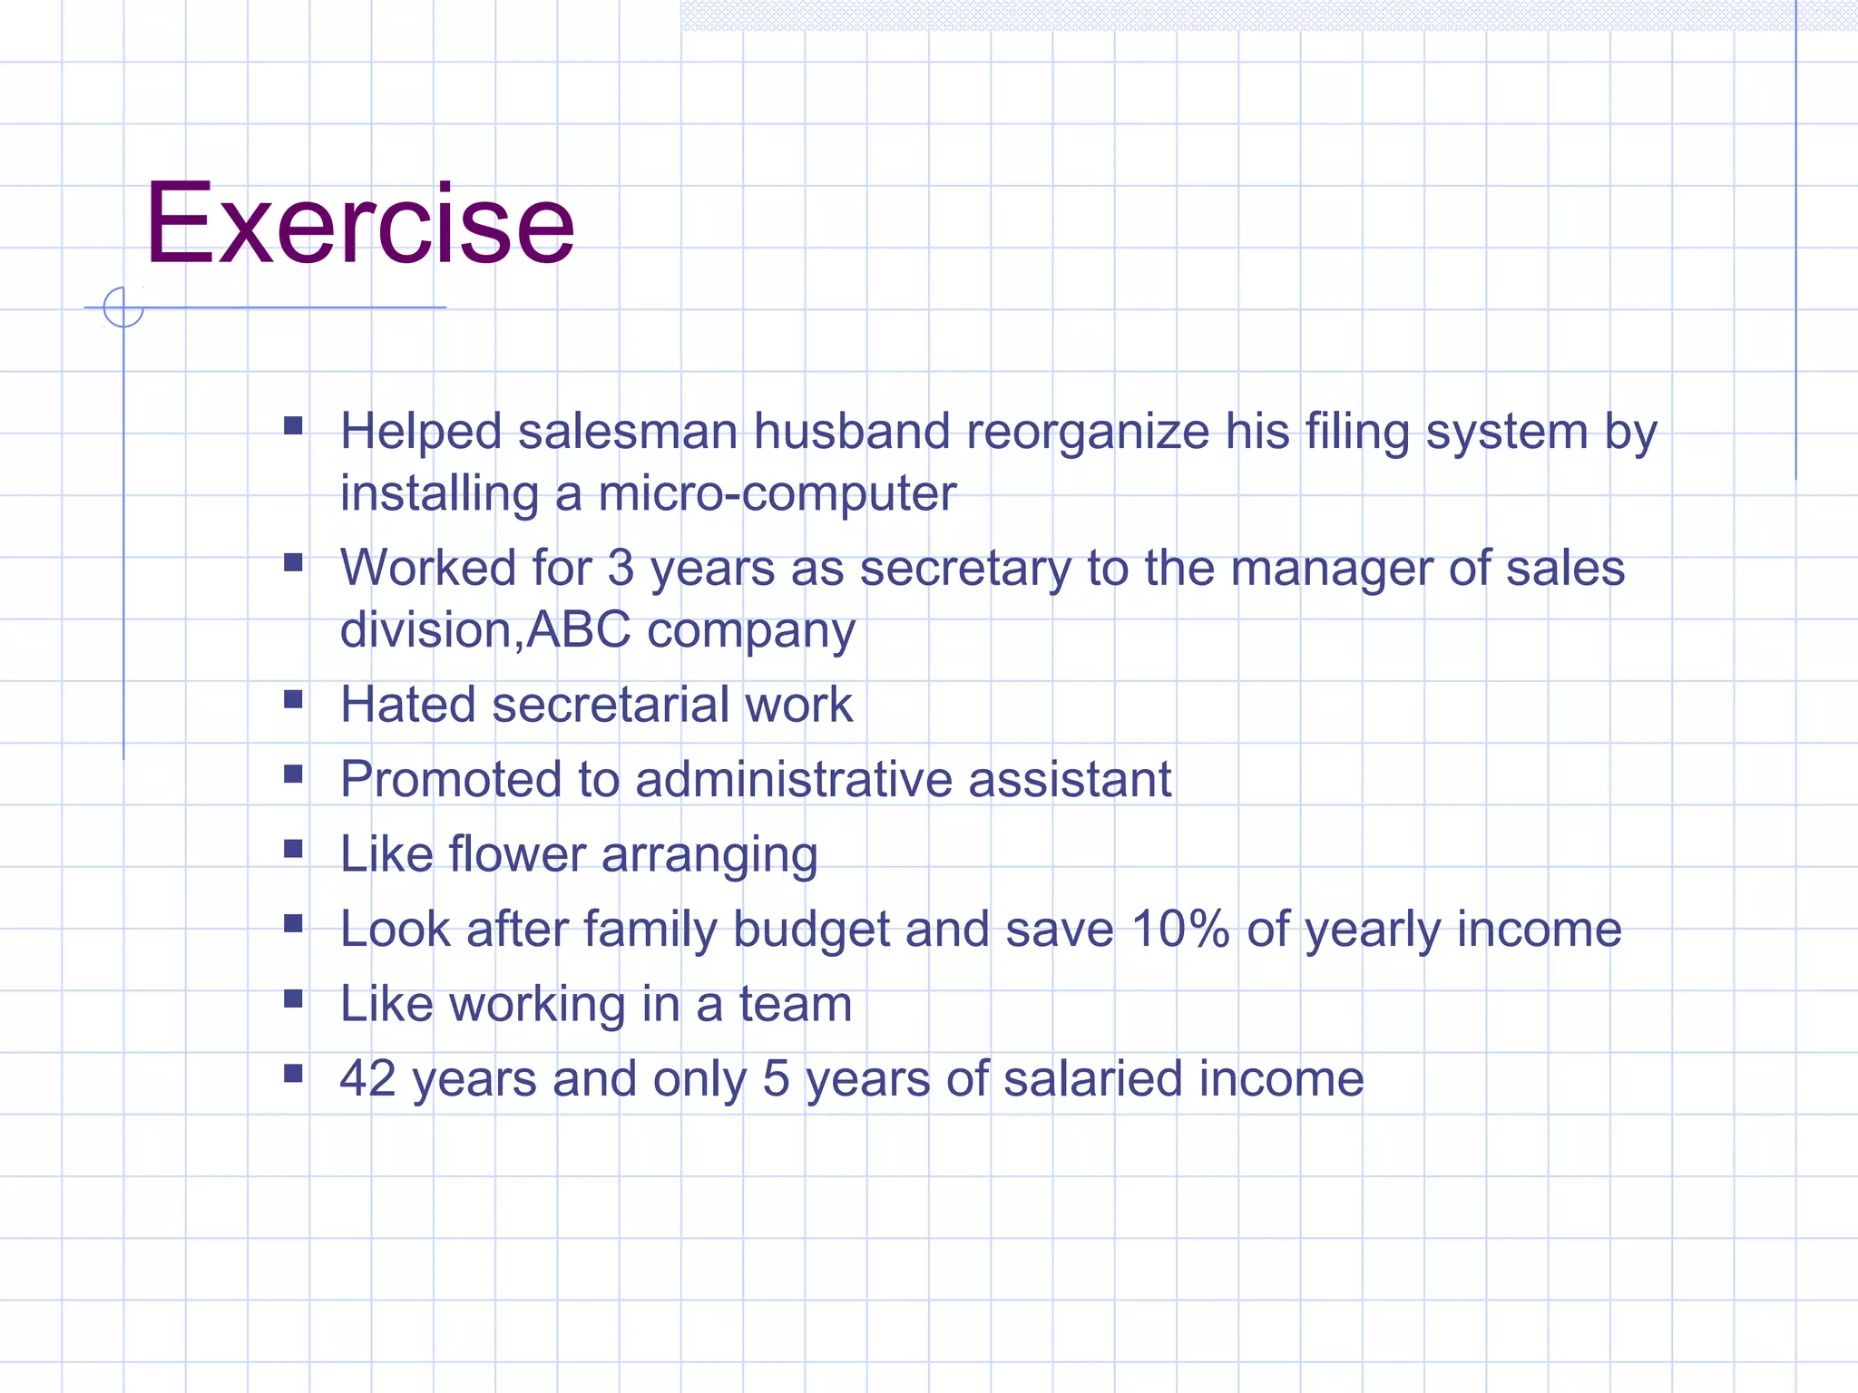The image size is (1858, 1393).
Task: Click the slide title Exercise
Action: [360, 224]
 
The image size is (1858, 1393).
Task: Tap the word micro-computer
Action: [777, 494]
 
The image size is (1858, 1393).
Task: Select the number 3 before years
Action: [621, 569]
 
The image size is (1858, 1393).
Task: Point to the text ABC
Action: [578, 629]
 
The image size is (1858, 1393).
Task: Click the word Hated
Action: [407, 705]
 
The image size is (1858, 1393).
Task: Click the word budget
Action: [810, 930]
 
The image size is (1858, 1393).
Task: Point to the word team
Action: [795, 1004]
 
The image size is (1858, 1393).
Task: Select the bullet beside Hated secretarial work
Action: [293, 699]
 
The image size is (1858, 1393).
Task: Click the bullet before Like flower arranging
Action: [293, 849]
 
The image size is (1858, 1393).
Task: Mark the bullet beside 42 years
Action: [293, 1074]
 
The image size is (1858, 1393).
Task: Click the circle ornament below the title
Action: [123, 307]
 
